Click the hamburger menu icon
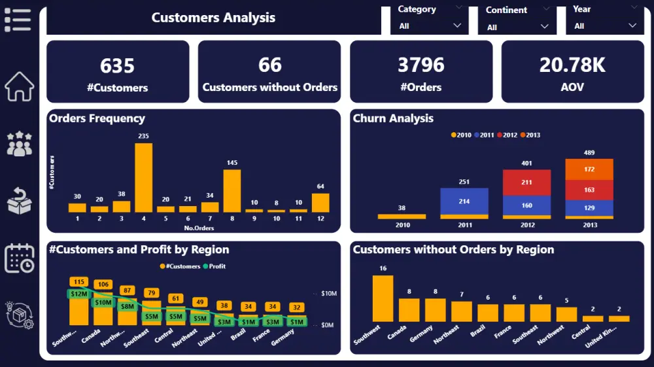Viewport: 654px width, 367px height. tap(18, 20)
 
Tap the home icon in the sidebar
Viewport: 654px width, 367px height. tap(20, 86)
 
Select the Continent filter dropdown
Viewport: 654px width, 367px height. tap(517, 27)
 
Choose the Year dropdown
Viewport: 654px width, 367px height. tap(604, 26)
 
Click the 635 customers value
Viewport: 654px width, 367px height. tap(118, 65)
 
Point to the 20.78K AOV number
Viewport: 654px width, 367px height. tap(572, 65)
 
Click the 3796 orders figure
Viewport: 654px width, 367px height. tap(421, 65)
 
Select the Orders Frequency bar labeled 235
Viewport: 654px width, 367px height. tap(143, 177)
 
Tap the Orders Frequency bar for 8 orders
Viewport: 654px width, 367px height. tap(232, 190)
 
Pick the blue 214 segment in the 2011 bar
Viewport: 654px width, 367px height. tap(464, 201)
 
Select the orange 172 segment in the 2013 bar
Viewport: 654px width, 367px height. tap(589, 169)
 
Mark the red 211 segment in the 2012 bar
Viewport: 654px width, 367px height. tap(526, 183)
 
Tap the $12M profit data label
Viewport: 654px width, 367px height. tap(78, 294)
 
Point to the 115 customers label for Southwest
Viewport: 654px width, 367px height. tap(78, 282)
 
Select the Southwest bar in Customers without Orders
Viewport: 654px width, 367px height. tap(383, 298)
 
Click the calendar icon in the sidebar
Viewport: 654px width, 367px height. tap(20, 258)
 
